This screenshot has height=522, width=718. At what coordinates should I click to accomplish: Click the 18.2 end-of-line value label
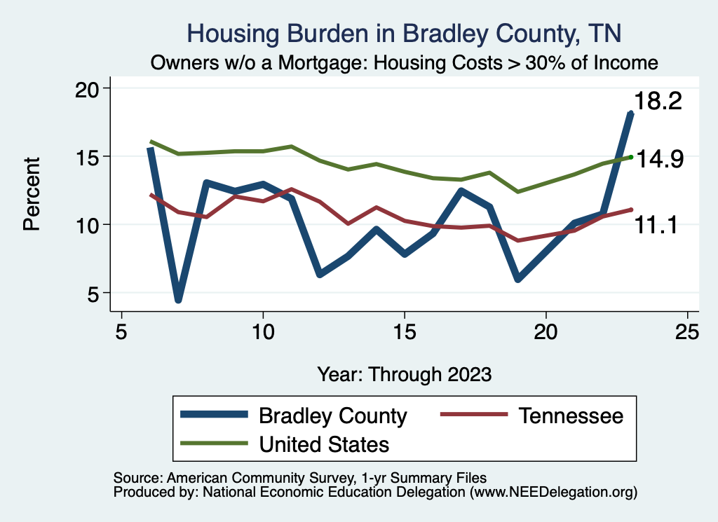[658, 102]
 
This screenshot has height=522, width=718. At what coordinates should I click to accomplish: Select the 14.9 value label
[658, 160]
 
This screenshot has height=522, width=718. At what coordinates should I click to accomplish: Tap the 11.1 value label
[656, 225]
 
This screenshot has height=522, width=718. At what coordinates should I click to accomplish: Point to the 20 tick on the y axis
[88, 88]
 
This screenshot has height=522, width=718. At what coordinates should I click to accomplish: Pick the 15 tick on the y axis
[88, 156]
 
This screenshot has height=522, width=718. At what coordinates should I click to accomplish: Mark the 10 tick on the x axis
[263, 331]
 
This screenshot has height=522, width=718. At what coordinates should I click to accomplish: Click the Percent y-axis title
[32, 193]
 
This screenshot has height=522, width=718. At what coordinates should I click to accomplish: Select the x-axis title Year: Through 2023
[404, 373]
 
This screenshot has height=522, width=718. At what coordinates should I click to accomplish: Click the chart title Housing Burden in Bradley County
[404, 33]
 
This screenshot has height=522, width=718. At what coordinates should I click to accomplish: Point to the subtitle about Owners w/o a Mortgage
[404, 62]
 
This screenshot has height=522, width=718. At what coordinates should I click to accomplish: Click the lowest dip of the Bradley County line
[179, 299]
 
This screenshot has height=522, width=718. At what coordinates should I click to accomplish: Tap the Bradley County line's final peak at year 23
[631, 113]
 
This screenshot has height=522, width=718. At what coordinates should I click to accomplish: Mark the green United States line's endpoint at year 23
[631, 157]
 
